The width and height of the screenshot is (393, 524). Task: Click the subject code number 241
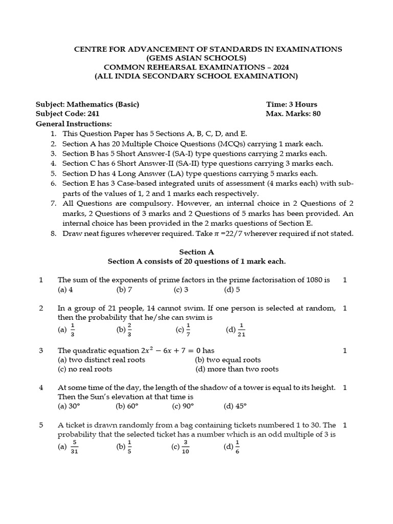[92, 114]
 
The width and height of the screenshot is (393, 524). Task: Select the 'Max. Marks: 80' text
[293, 114]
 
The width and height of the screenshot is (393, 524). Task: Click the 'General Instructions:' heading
[73, 124]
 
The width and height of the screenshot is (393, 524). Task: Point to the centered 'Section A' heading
[196, 252]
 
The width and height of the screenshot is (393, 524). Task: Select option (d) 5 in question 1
[232, 290]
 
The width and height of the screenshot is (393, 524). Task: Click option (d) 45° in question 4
[235, 406]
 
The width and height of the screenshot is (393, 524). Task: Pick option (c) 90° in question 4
[183, 406]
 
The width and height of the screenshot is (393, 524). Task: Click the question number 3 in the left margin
[41, 351]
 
